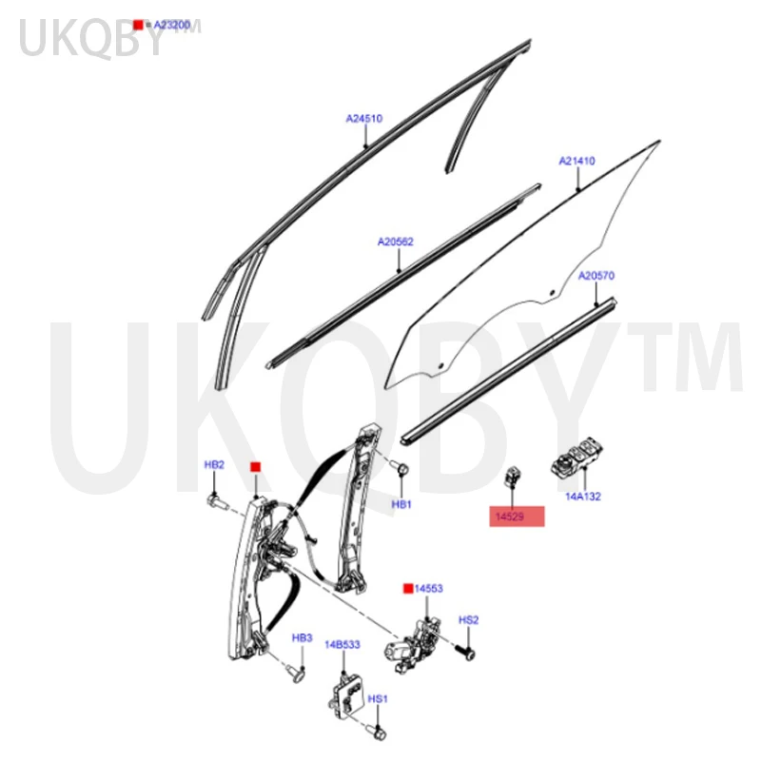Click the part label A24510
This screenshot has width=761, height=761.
pyautogui.click(x=363, y=119)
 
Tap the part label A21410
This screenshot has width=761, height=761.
pyautogui.click(x=576, y=161)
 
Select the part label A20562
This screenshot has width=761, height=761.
pyautogui.click(x=395, y=242)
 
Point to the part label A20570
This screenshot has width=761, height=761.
pyautogui.click(x=596, y=276)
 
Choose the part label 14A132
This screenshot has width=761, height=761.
pyautogui.click(x=583, y=496)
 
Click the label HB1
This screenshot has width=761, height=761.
pyautogui.click(x=401, y=503)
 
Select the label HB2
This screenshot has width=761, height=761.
pyautogui.click(x=215, y=465)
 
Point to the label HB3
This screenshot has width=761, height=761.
pyautogui.click(x=302, y=636)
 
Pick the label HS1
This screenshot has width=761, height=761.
pyautogui.click(x=378, y=699)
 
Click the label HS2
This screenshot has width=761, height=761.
pyautogui.click(x=468, y=620)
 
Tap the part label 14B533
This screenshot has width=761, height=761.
pyautogui.click(x=342, y=644)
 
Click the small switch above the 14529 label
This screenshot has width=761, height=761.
pyautogui.click(x=512, y=476)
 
